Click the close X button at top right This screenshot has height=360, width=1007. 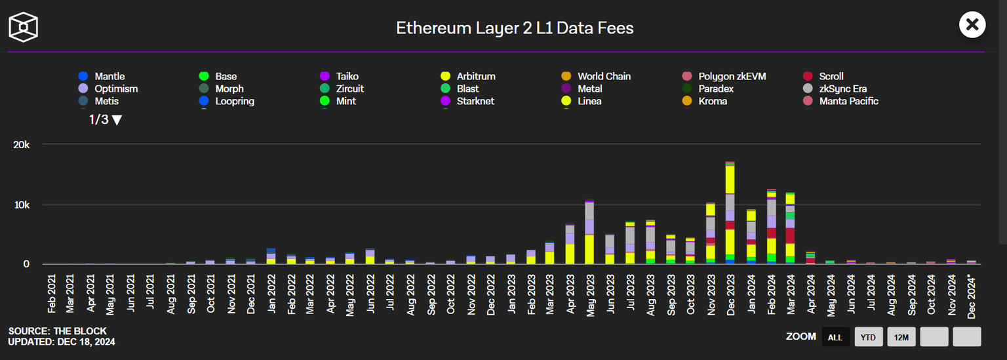coord(972,25)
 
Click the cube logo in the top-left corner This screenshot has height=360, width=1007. coord(23,27)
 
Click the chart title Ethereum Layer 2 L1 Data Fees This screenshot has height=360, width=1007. coord(515,28)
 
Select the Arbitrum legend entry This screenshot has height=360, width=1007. coord(475,76)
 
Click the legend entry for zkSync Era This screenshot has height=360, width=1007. coord(842,89)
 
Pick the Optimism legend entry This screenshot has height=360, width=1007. coord(115,89)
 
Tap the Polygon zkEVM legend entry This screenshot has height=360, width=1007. coord(731,76)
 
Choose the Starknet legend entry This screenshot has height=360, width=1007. coord(475,101)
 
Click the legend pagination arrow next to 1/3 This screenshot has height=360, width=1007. coord(117,120)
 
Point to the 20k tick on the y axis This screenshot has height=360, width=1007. coord(22,144)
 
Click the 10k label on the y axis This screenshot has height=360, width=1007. coord(22,205)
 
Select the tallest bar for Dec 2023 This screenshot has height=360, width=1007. coord(730,212)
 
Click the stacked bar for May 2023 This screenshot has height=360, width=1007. coord(589,232)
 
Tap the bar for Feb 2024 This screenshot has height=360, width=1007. coord(772,226)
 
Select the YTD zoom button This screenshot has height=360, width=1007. coord(869,337)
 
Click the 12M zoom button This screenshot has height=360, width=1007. coord(901,337)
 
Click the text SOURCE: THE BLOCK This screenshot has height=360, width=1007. coord(57,331)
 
